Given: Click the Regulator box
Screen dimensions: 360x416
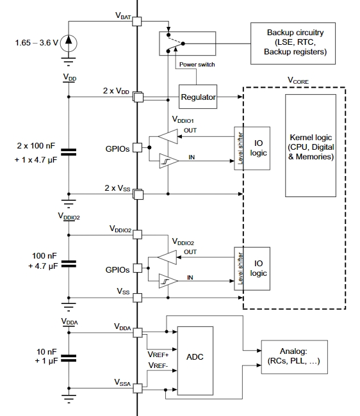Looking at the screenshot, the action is (198, 97).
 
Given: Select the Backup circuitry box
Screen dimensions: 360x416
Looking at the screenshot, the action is (293, 44).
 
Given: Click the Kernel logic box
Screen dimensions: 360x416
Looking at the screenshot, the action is (311, 146).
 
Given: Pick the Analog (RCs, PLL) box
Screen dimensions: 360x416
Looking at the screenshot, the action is (295, 357).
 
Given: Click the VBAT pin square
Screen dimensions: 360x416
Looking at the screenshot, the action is (137, 21).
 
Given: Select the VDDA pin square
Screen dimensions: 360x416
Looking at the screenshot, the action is (138, 333).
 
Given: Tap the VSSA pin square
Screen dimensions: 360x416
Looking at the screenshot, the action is (138, 388).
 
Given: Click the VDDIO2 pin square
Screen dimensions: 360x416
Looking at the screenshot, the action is (137, 234).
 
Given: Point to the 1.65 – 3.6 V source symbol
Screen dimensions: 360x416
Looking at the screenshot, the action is (69, 43).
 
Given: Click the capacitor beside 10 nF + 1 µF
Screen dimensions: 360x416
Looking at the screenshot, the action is (69, 358).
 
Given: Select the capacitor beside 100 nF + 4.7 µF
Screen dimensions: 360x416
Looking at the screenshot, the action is (69, 264).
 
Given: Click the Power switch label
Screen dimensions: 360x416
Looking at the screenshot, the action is (197, 65).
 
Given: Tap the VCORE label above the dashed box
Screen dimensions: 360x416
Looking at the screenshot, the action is (298, 81).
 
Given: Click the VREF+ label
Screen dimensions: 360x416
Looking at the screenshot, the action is (158, 355).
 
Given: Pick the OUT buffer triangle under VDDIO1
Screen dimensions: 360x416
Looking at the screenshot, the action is (168, 136).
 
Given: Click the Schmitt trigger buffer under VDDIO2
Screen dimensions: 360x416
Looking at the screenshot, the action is (168, 281).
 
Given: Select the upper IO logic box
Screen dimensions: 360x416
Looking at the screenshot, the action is (252, 148).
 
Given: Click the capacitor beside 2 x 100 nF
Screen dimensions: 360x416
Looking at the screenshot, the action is (69, 152).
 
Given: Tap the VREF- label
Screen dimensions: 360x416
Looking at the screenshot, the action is (158, 365).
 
